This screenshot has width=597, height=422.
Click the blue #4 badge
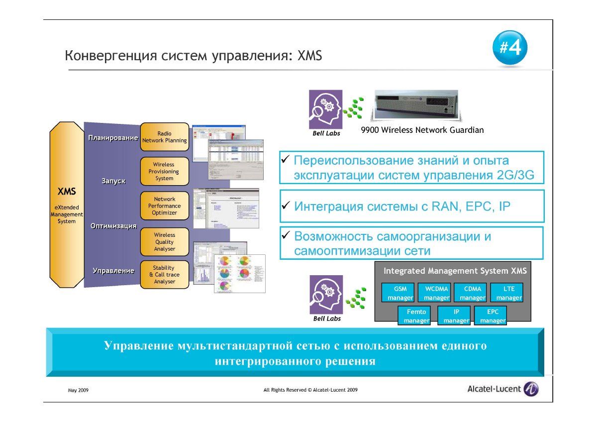coord(510,49)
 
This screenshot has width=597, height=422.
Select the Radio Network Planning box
coord(165,137)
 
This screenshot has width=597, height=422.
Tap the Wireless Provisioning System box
coord(164,171)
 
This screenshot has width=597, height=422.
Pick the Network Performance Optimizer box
coord(165,206)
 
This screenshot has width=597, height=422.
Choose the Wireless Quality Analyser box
coord(165,241)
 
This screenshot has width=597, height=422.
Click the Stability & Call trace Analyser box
coord(164,275)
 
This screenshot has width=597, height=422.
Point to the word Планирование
coord(113,138)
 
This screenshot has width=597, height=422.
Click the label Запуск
coord(113,181)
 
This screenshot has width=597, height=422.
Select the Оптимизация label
coord(113,226)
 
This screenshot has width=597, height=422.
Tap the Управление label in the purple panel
coord(113,271)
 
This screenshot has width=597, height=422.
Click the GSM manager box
coord(400,293)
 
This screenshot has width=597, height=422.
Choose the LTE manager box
coord(508,293)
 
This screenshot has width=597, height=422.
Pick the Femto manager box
coord(416,316)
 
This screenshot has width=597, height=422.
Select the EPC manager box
coord(493,316)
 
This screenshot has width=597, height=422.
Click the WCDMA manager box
coord(436,293)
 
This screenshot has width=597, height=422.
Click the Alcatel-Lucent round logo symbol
coord(531,389)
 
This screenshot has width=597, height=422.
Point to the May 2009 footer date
coord(78,391)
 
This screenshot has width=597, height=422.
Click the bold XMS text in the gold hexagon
coord(66,192)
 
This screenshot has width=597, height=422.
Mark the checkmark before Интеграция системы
coord(286,206)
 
